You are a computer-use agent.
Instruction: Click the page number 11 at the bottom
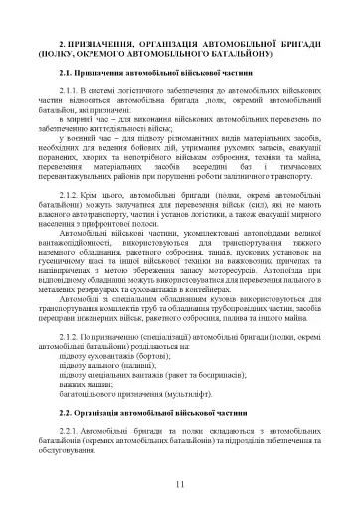click(180, 484)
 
